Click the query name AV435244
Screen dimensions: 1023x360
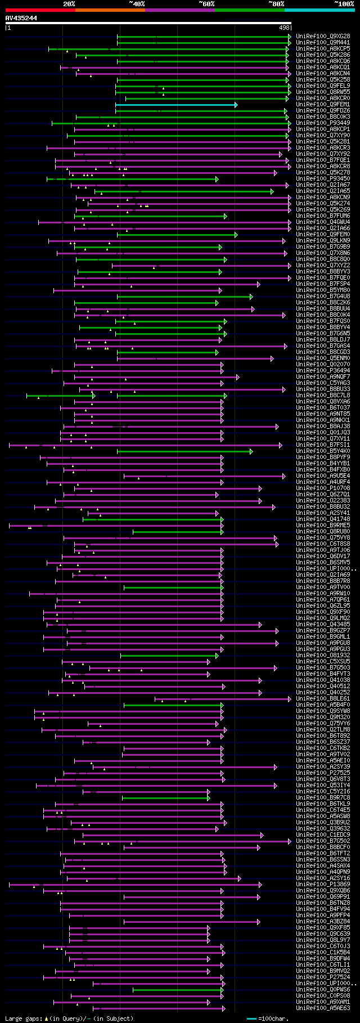tap(21, 18)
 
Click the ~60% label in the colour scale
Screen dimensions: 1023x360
tap(206, 3)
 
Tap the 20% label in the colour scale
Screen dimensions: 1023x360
tap(69, 3)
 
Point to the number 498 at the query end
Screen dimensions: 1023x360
tap(284, 28)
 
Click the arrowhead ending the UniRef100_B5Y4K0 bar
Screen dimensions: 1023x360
tap(251, 451)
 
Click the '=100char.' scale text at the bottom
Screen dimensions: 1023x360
tap(274, 1018)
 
